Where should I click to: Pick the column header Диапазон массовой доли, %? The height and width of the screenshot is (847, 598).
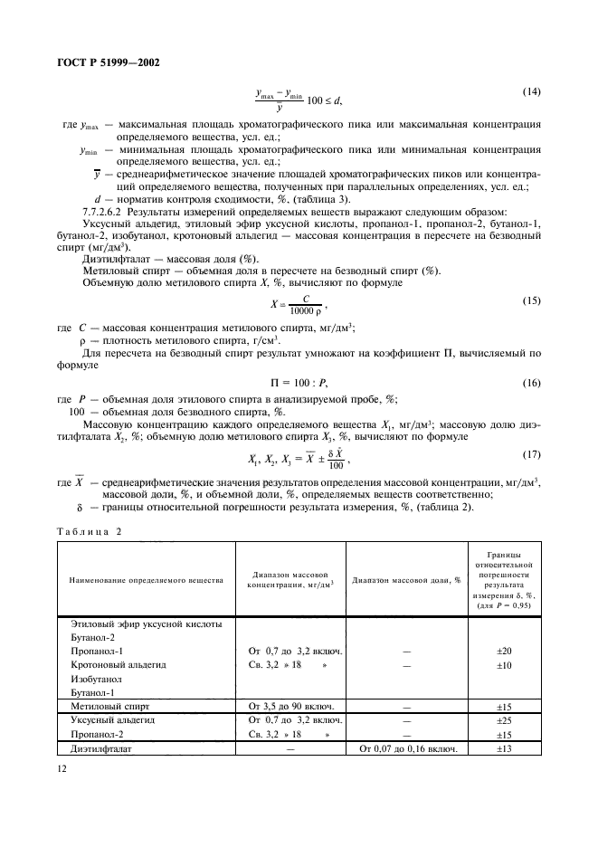coord(406,579)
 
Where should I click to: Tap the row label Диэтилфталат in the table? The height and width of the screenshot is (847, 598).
coord(100,748)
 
